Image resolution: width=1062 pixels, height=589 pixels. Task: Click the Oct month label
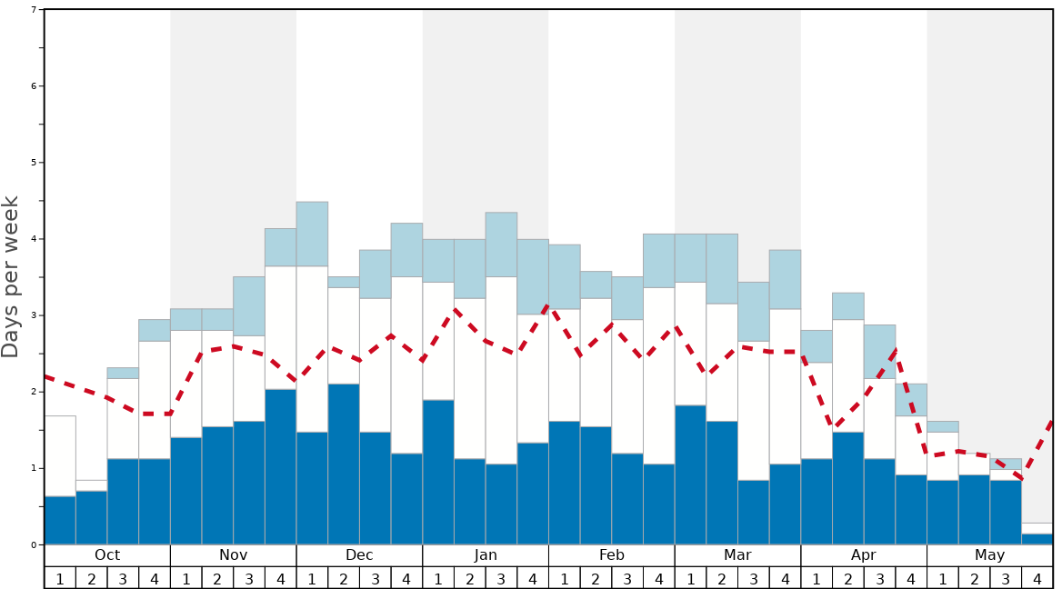[x=107, y=555]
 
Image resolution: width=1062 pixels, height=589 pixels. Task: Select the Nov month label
[x=234, y=555]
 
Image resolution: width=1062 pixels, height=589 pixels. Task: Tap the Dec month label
[x=359, y=555]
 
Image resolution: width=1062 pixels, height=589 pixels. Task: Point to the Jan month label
[x=486, y=555]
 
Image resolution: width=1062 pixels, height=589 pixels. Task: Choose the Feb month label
[x=612, y=555]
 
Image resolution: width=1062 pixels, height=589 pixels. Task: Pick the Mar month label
[x=737, y=555]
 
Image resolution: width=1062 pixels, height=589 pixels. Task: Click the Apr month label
[x=864, y=555]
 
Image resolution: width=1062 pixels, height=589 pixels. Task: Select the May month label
[x=990, y=555]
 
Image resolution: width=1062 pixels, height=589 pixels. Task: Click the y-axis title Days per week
[x=11, y=277]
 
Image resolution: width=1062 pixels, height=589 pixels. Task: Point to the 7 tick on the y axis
[x=34, y=10]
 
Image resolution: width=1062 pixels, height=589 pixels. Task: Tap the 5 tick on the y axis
[x=34, y=163]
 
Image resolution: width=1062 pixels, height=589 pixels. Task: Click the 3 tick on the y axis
[x=34, y=315]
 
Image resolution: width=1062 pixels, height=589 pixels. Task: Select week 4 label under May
[x=1037, y=578]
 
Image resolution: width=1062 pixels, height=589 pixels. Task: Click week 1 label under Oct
[x=60, y=578]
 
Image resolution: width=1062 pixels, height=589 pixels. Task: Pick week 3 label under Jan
[x=501, y=578]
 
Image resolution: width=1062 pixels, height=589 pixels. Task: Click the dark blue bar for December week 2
[x=344, y=464]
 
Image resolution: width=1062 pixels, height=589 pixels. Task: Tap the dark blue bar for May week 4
[x=1037, y=539]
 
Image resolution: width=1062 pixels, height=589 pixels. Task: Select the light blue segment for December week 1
[x=312, y=234]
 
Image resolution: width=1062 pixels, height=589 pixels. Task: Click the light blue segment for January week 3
[x=501, y=245]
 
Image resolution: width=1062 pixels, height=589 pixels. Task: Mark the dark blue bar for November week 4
[x=281, y=467]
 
